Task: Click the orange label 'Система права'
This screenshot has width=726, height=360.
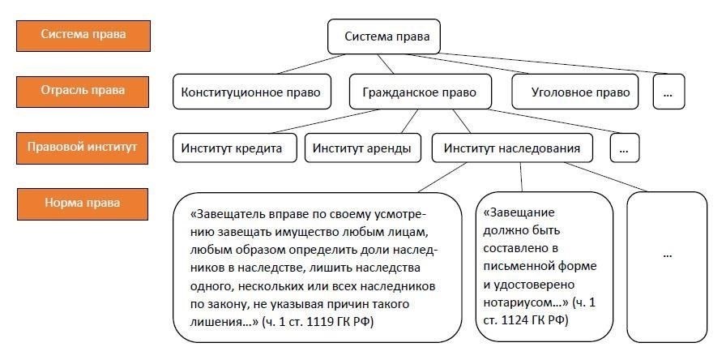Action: click(73, 35)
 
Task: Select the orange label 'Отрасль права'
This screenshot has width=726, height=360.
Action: click(73, 91)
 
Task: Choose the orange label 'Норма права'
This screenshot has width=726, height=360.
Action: click(73, 203)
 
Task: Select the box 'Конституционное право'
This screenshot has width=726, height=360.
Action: click(251, 92)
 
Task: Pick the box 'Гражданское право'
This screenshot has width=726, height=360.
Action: click(413, 92)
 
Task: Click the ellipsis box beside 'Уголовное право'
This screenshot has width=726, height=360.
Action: click(668, 92)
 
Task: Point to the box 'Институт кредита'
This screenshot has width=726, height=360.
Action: click(232, 148)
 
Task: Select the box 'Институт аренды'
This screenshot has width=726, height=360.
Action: click(361, 148)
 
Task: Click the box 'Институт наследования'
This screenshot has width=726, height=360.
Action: click(511, 148)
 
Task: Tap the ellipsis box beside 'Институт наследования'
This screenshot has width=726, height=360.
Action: click(625, 148)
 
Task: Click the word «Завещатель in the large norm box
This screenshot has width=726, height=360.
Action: click(223, 216)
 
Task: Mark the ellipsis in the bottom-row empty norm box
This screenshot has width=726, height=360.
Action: click(667, 254)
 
